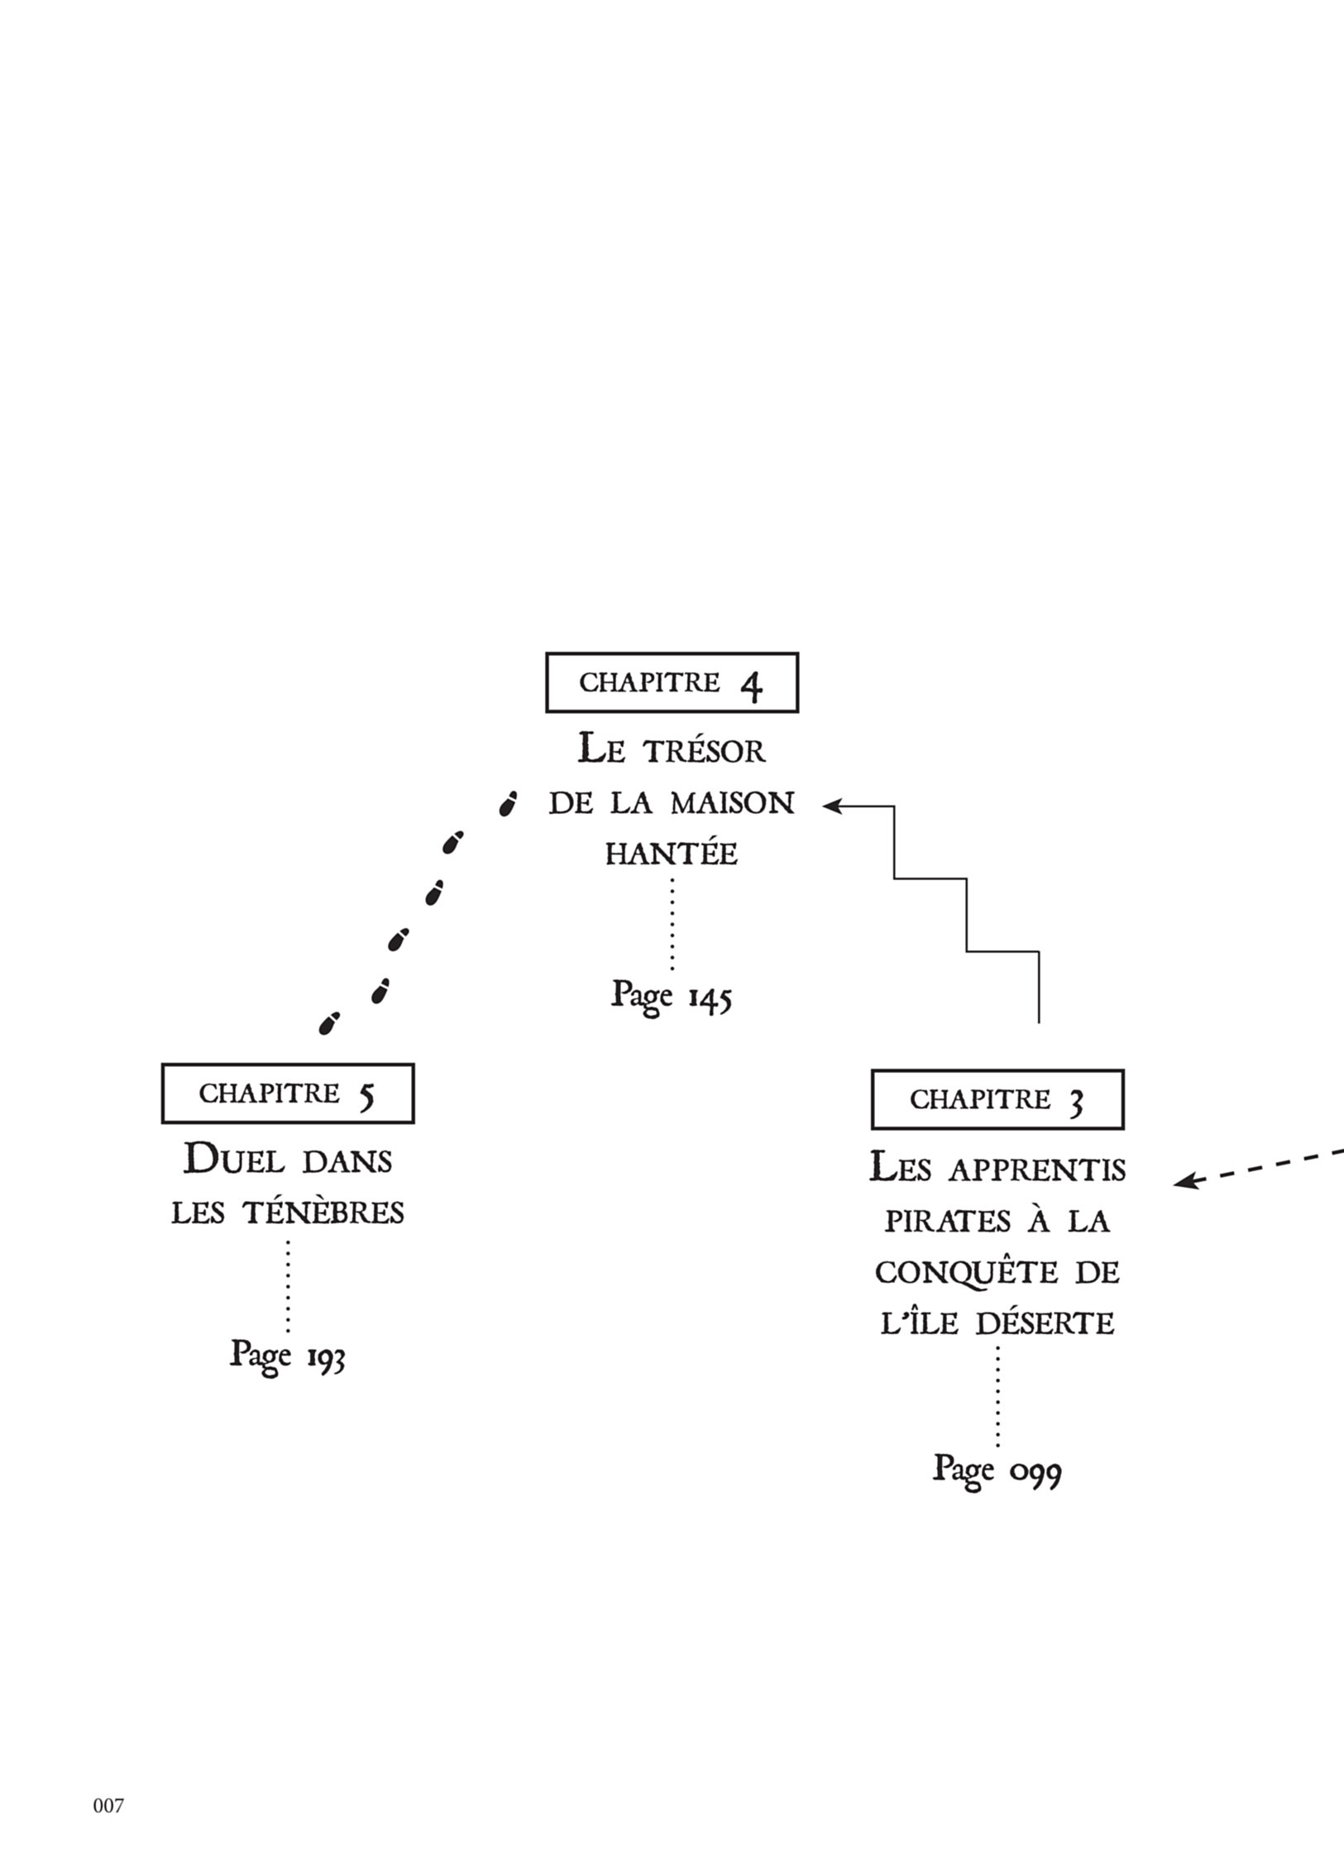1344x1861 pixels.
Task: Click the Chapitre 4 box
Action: click(x=672, y=682)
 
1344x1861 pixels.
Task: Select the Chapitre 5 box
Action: click(x=287, y=1093)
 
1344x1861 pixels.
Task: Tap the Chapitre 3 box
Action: click(x=997, y=1099)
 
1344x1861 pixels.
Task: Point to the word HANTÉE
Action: click(x=672, y=854)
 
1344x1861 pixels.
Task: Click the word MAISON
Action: click(x=733, y=803)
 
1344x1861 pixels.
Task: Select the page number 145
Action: click(x=710, y=997)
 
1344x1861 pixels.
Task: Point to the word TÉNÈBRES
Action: click(x=323, y=1213)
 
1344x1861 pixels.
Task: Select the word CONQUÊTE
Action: click(x=966, y=1273)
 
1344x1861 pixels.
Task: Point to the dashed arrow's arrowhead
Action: click(x=1184, y=1182)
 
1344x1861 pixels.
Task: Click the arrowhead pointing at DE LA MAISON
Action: click(x=831, y=805)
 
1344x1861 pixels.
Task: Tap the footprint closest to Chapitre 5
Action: click(x=329, y=1023)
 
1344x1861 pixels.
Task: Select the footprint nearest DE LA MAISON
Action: click(x=508, y=803)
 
